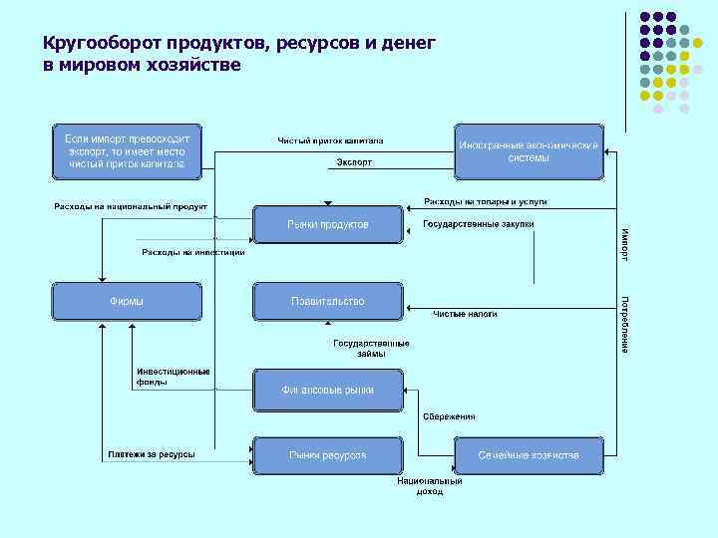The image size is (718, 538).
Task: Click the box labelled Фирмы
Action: tap(127, 301)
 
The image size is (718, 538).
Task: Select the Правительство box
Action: tap(328, 301)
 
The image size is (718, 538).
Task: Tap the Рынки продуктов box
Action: tap(328, 225)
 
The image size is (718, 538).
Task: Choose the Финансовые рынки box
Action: tap(328, 390)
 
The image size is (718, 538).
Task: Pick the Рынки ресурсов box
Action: tap(328, 455)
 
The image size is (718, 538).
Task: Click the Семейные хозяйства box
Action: tap(529, 455)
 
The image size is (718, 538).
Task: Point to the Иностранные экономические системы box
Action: tap(529, 151)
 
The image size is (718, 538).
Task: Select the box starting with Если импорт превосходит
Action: tap(127, 151)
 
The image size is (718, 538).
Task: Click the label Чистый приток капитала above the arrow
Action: tap(329, 140)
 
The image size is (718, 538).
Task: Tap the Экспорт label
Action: tap(354, 162)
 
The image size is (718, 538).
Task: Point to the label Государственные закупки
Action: tap(479, 224)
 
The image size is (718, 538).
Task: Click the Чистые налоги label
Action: tap(465, 315)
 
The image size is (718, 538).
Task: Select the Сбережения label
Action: tap(450, 416)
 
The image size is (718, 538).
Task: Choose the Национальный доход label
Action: tap(430, 486)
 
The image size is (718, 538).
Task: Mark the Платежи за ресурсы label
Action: tap(152, 455)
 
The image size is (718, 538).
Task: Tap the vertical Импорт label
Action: tap(625, 244)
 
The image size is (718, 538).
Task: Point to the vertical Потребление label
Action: tap(625, 323)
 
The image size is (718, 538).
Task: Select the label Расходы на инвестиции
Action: tap(192, 253)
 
